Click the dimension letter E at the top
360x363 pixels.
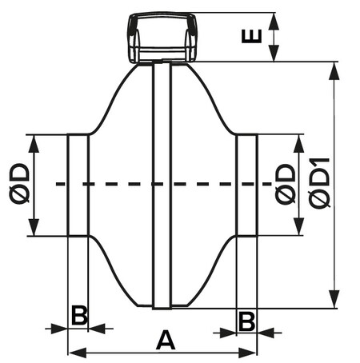pyautogui.click(x=251, y=36)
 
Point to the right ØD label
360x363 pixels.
pyautogui.click(x=286, y=184)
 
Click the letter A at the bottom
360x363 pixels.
pyautogui.click(x=166, y=340)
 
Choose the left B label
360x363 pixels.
pyautogui.click(x=79, y=316)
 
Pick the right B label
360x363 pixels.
pyautogui.click(x=246, y=321)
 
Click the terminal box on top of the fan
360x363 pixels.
pyautogui.click(x=163, y=38)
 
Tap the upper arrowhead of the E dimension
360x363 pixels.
pyautogui.click(x=274, y=21)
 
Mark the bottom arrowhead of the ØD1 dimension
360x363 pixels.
pyautogui.click(x=334, y=299)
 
